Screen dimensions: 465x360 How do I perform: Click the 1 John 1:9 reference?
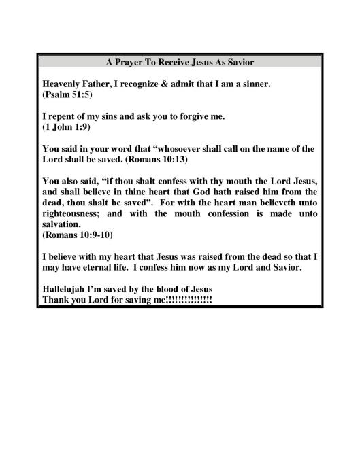point(66,126)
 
